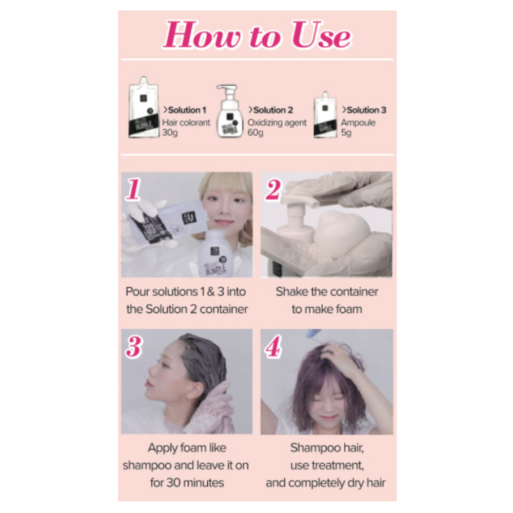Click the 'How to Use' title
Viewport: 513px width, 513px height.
coord(257,36)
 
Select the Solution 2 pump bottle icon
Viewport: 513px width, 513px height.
coord(230,112)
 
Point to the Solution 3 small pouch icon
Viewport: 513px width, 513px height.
coord(325,116)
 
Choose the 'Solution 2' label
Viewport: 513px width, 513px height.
coord(271,110)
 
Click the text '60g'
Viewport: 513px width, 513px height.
coord(255,133)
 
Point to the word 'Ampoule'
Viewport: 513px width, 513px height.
coord(358,123)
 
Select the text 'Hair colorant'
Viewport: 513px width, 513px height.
coord(186,123)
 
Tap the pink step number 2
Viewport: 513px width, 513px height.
coord(273,191)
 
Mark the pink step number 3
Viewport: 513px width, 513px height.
coord(133,347)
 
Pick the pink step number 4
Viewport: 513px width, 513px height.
coord(273,348)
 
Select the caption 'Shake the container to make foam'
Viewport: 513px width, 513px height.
coord(327,300)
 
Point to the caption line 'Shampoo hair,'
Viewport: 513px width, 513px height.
coord(327,448)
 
